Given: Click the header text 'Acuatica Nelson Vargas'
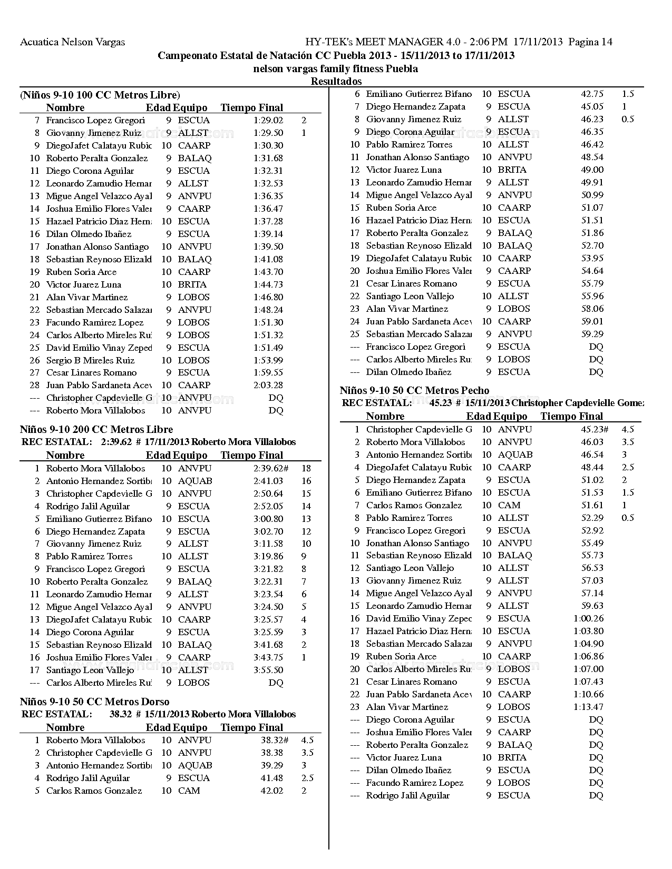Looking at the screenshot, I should point(72,42).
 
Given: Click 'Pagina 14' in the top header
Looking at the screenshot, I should point(590,42).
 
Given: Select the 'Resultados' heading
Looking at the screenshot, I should point(336,81).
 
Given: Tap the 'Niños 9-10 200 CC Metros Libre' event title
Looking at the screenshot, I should point(96,429).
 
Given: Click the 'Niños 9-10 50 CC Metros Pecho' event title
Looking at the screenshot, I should point(414,390).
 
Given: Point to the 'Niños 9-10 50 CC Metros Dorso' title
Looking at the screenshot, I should point(95,702).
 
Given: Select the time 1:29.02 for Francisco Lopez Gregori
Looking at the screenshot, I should point(268,120).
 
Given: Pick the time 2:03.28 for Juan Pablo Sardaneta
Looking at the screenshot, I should point(268,385).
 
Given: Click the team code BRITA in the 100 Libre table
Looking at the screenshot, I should point(192,284).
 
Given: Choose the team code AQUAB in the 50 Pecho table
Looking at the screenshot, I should point(515,455).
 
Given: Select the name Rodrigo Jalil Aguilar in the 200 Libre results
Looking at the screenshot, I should point(88,506).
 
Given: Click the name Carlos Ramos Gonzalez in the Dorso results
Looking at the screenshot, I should point(94,791).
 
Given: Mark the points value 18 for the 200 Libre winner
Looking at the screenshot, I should point(306,468).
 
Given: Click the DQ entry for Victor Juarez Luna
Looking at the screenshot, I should point(596,757).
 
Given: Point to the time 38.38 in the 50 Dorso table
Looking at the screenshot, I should point(272,753).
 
